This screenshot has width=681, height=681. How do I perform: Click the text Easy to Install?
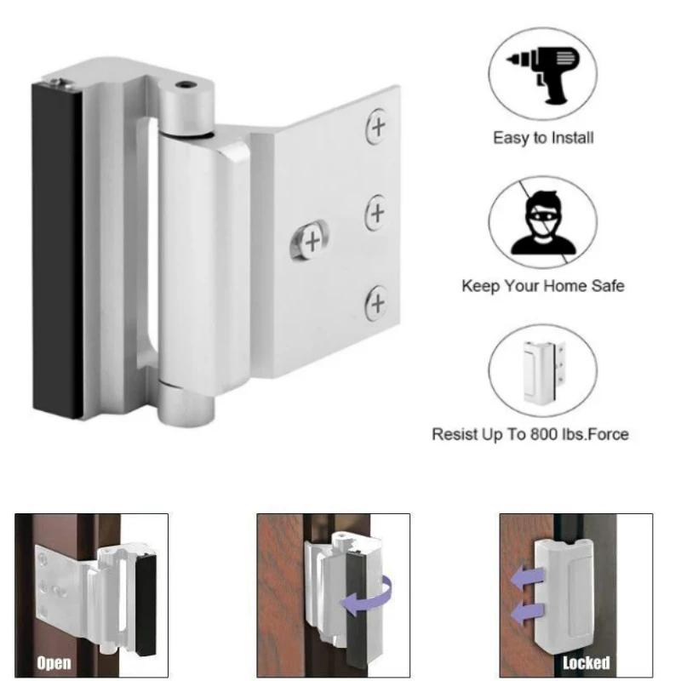543,137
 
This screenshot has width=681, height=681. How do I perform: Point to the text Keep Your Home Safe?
542,286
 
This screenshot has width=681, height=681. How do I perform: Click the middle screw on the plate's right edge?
376,211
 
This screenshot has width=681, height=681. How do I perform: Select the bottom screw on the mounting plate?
376,303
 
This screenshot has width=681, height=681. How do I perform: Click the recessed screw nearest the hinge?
312,241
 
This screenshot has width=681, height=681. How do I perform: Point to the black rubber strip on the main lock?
57,247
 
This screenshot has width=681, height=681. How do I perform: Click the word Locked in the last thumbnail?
586,662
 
